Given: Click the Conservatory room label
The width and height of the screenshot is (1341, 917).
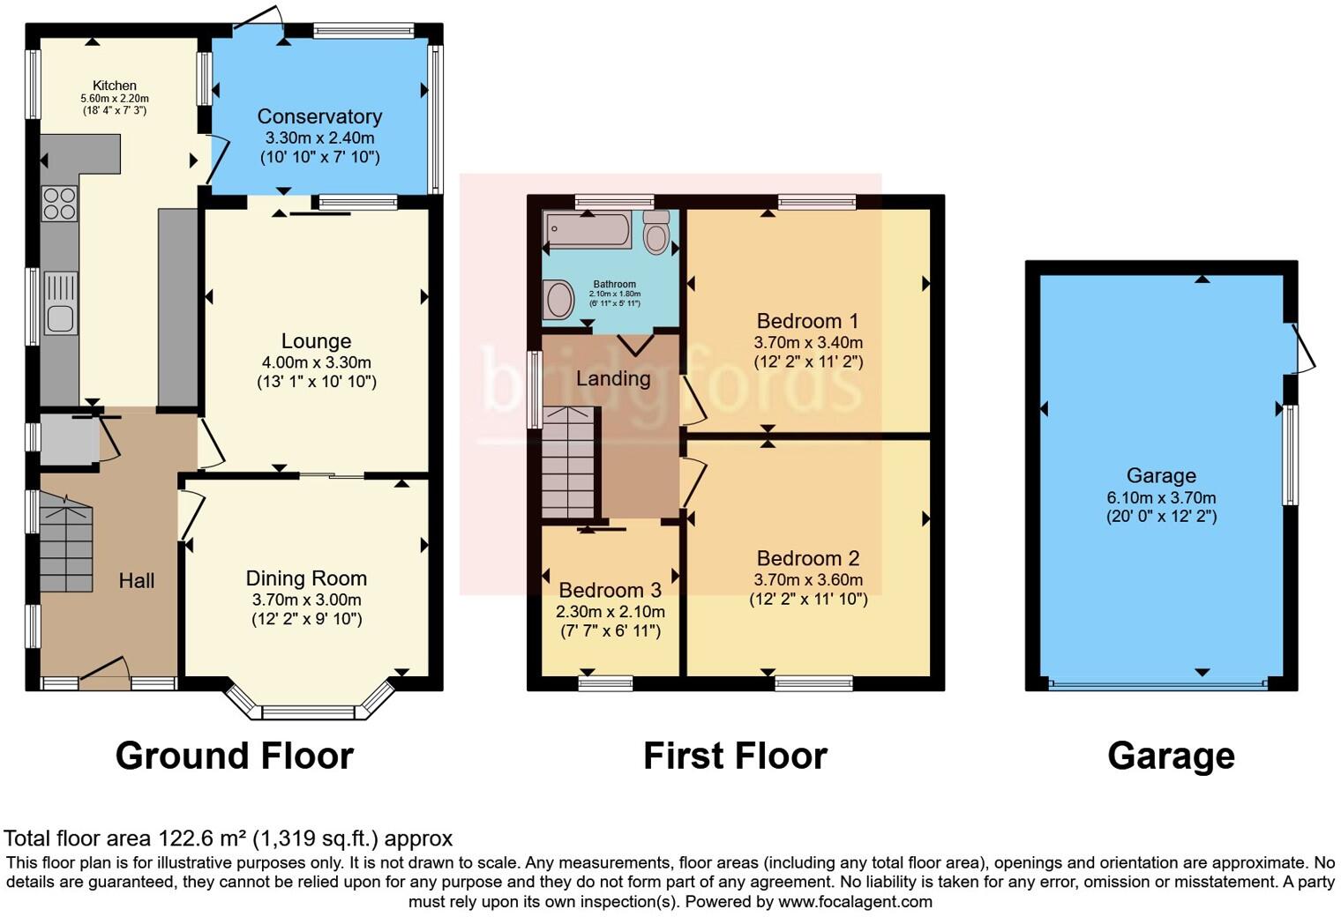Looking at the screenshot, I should coord(319,116).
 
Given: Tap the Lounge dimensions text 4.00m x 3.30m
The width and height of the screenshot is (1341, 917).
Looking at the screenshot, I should coord(316,362).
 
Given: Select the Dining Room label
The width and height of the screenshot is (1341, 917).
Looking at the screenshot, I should coord(306,578).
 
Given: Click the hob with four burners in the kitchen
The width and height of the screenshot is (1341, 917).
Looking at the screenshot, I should coord(59,204).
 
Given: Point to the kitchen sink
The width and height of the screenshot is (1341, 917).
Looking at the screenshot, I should coord(60,304).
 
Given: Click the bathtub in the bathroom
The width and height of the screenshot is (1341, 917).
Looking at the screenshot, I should coord(588,230).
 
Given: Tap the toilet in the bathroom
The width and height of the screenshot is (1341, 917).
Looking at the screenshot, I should coord(656,233).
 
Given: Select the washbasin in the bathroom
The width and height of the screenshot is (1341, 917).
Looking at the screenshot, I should coord(558,300).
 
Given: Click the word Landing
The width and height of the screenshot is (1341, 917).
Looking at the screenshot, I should coord(613,378).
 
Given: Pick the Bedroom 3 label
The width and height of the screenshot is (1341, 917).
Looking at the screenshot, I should coord(610,590).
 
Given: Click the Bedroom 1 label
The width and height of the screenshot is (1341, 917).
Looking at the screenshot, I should coord(807,321).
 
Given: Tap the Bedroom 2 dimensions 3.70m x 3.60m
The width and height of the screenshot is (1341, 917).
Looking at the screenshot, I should coord(808,580).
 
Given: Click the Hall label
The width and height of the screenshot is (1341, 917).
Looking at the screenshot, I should coord(137,580).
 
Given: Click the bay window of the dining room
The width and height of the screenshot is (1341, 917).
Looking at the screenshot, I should coord(309,711).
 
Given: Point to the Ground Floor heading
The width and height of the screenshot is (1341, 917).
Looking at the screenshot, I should coord(235,756).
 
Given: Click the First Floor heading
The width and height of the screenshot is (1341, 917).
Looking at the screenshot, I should coord(735,756).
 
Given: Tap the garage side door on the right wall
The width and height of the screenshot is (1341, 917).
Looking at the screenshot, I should coord(1301,349).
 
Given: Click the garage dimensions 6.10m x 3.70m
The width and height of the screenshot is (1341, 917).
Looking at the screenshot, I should coord(1161,497).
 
